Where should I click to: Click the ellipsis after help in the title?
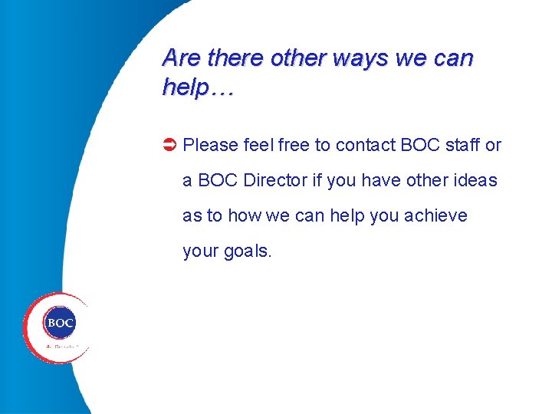[221, 88]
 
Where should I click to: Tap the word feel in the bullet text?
[258, 145]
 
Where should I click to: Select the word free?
[294, 145]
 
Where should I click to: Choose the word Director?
[275, 181]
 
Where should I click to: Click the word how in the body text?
[244, 216]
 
